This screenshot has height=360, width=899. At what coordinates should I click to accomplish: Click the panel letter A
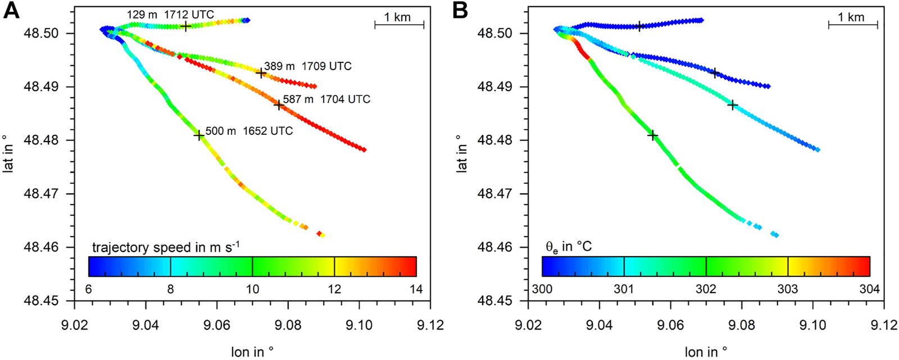coord(11,11)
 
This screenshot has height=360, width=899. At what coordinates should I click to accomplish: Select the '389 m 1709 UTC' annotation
coord(308,66)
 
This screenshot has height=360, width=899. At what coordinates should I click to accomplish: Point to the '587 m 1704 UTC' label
coord(326,99)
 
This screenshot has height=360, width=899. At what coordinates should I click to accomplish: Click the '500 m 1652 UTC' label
coord(249,131)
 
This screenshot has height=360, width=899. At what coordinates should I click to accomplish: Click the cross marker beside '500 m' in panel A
coord(199,135)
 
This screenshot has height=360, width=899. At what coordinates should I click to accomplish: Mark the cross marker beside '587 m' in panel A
coord(279,105)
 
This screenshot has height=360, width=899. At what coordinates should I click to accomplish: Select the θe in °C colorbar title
coord(569,247)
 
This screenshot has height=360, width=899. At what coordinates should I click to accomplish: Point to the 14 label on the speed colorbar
coord(416,290)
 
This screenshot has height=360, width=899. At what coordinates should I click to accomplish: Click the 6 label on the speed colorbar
coord(89,290)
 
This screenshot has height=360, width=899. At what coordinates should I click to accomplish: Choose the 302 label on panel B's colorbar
coord(706,290)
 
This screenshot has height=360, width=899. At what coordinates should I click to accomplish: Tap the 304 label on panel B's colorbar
coord(870,290)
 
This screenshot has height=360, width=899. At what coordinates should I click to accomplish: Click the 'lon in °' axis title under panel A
coord(252,352)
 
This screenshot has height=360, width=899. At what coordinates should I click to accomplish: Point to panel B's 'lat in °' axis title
coord(462,153)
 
